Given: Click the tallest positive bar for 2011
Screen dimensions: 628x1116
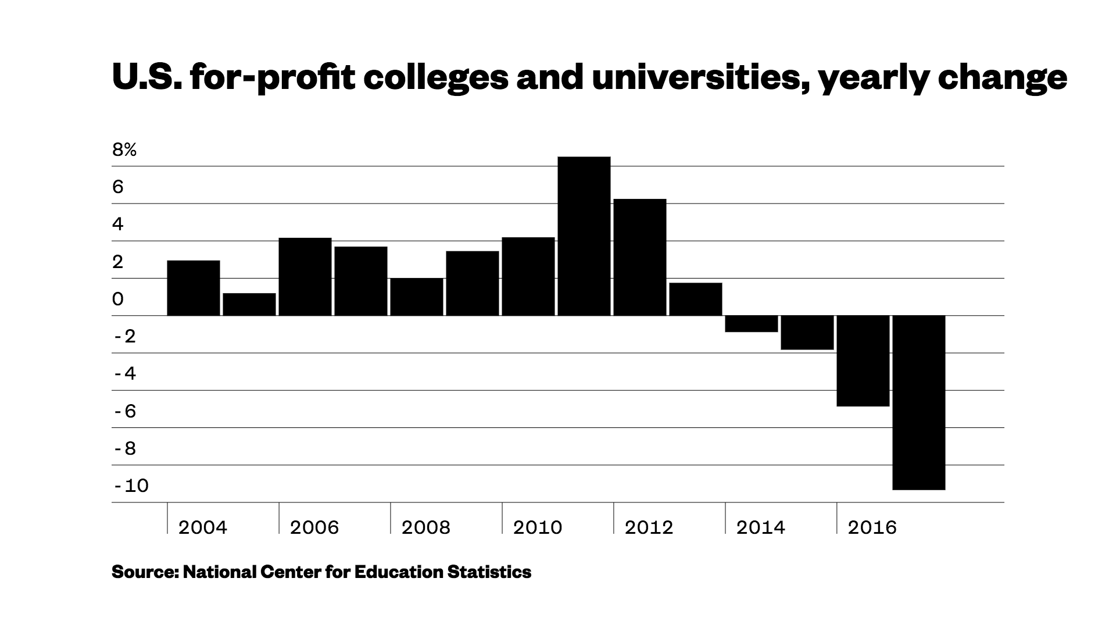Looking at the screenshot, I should click(x=584, y=236).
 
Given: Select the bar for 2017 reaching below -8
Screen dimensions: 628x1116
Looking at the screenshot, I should click(x=918, y=402).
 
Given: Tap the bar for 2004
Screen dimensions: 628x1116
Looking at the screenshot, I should click(x=193, y=288).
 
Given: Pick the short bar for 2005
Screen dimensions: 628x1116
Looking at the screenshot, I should click(x=249, y=304).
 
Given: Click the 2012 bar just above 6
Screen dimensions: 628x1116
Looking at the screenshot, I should click(x=639, y=257).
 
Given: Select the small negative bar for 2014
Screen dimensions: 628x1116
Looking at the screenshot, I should click(x=751, y=324).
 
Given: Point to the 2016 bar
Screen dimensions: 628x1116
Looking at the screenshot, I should click(x=863, y=361).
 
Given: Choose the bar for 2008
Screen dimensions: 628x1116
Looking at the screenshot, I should click(x=416, y=297).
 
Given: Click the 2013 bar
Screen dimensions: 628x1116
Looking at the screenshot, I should click(x=695, y=299).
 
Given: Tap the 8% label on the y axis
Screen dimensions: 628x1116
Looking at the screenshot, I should click(x=124, y=150).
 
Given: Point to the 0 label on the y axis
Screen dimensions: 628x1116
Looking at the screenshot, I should click(x=118, y=299).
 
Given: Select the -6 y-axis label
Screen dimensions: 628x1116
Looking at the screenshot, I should click(x=125, y=411).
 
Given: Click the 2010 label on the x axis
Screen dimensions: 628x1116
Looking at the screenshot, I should click(x=537, y=527).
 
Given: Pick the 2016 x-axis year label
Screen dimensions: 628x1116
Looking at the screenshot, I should click(x=872, y=527).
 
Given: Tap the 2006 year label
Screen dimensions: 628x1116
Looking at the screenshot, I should click(x=314, y=527).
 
